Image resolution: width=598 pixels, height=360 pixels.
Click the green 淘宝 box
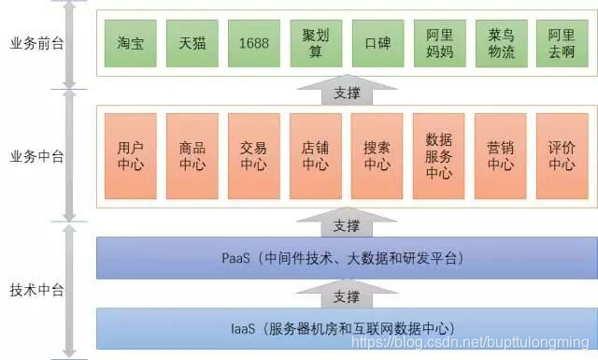(x=130, y=43)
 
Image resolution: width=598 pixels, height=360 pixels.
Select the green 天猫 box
(x=191, y=43)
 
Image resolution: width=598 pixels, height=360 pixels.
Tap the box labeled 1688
(x=253, y=43)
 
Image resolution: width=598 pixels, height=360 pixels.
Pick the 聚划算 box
(x=314, y=43)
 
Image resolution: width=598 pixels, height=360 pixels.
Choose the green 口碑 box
(x=377, y=43)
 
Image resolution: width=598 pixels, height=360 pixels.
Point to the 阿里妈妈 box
(x=438, y=43)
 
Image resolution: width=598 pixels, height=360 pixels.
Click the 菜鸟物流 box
(x=500, y=43)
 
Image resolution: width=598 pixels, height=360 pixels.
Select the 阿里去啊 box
(x=562, y=43)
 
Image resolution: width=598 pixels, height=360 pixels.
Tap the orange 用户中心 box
(x=130, y=155)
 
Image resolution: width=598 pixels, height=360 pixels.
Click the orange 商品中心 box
(x=191, y=155)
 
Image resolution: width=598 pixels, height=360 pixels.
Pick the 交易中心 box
(x=253, y=155)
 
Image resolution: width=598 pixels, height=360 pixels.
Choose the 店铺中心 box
(x=314, y=155)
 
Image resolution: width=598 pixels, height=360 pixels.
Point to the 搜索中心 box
(x=377, y=155)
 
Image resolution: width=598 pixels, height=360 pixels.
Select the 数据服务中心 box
(x=438, y=155)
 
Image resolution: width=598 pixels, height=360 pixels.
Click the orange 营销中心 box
(x=500, y=155)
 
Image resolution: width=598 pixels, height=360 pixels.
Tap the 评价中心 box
(x=562, y=155)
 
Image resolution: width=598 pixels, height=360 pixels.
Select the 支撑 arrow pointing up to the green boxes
(x=345, y=93)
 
